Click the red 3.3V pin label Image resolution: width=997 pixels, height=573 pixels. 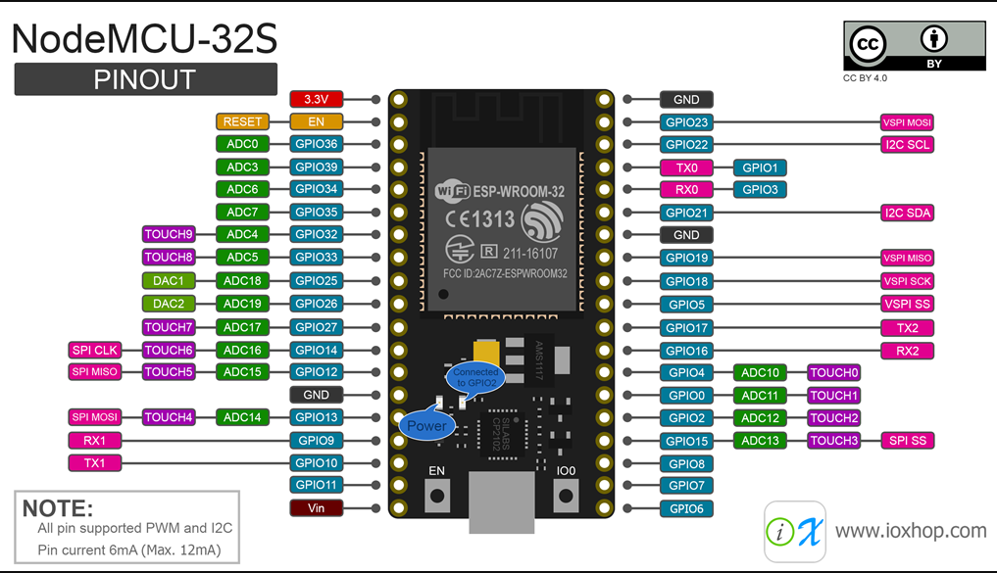pyautogui.click(x=316, y=99)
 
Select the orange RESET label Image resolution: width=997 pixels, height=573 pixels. pyautogui.click(x=242, y=121)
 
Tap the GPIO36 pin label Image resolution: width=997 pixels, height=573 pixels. pyautogui.click(x=316, y=144)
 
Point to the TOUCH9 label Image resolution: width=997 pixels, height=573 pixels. pyautogui.click(x=169, y=234)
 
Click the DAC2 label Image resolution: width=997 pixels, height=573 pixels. pyautogui.click(x=169, y=304)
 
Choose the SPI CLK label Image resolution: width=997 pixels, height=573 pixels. pyautogui.click(x=95, y=350)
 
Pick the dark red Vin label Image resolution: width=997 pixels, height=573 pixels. pyautogui.click(x=316, y=507)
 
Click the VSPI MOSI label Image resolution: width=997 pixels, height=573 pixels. pyautogui.click(x=908, y=122)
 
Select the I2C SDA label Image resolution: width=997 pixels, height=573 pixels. pyautogui.click(x=908, y=213)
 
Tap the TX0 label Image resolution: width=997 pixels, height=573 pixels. pyautogui.click(x=686, y=167)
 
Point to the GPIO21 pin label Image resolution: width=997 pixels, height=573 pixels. pyautogui.click(x=686, y=213)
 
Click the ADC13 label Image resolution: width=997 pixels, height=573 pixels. pyautogui.click(x=760, y=440)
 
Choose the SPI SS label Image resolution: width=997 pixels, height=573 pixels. pyautogui.click(x=908, y=440)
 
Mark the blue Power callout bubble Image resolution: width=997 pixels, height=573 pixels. pyautogui.click(x=426, y=425)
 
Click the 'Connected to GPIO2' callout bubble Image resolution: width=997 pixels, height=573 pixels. pyautogui.click(x=475, y=377)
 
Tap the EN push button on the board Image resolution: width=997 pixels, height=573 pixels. pyautogui.click(x=437, y=496)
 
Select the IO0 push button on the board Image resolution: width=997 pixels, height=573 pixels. pyautogui.click(x=566, y=496)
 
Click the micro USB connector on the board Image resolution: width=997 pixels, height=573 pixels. pyautogui.click(x=502, y=501)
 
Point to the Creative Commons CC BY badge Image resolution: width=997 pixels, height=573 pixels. pyautogui.click(x=915, y=46)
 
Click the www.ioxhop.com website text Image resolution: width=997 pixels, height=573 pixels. pyautogui.click(x=911, y=531)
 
